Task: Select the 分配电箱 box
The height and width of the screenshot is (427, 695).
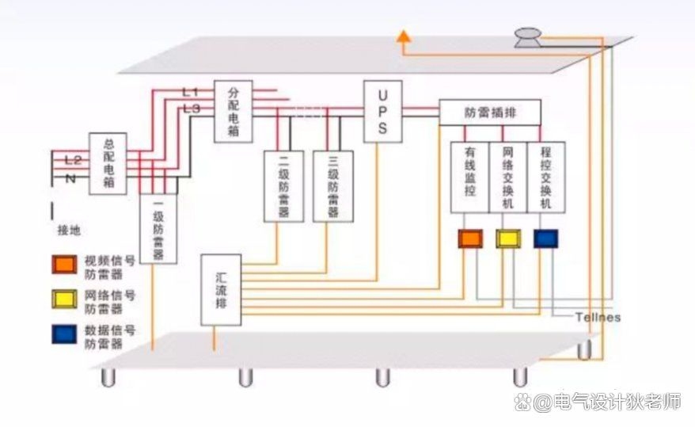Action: coord(233,112)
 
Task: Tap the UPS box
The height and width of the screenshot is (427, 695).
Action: coord(382,111)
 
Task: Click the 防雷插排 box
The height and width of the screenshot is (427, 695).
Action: coord(490,112)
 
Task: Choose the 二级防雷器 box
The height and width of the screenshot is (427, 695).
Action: coord(283,185)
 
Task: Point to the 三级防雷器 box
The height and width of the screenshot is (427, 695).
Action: coord(332,185)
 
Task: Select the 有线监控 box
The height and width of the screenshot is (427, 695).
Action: coord(469,177)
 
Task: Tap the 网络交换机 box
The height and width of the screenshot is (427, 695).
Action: coord(507,177)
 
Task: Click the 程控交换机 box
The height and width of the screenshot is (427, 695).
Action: coord(545,177)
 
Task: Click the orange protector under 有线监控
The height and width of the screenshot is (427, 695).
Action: coord(470,238)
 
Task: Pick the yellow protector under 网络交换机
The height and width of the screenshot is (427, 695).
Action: coord(507,238)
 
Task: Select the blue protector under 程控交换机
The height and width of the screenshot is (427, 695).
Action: coord(545,238)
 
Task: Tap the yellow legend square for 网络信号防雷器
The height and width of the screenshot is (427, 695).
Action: coord(64,300)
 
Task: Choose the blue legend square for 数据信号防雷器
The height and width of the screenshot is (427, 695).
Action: coord(64,336)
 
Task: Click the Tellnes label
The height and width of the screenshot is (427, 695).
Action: coord(598,318)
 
